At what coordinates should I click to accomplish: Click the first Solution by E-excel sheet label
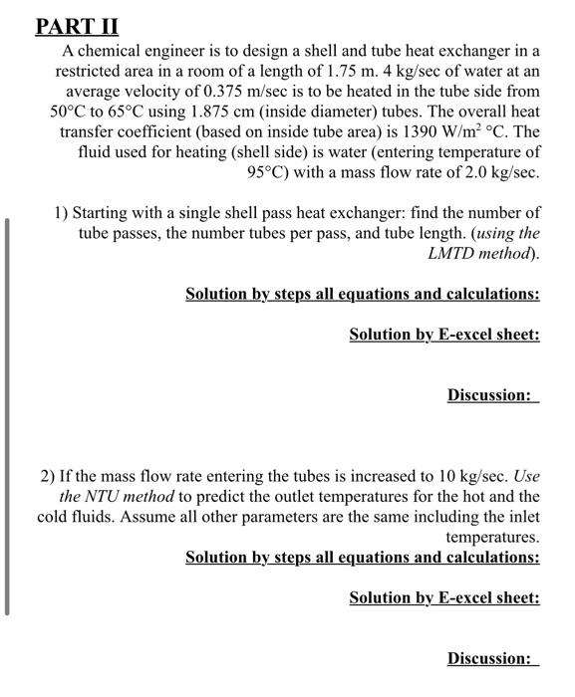pyautogui.click(x=444, y=335)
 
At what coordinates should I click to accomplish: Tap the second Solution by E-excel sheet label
pyautogui.click(x=444, y=597)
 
